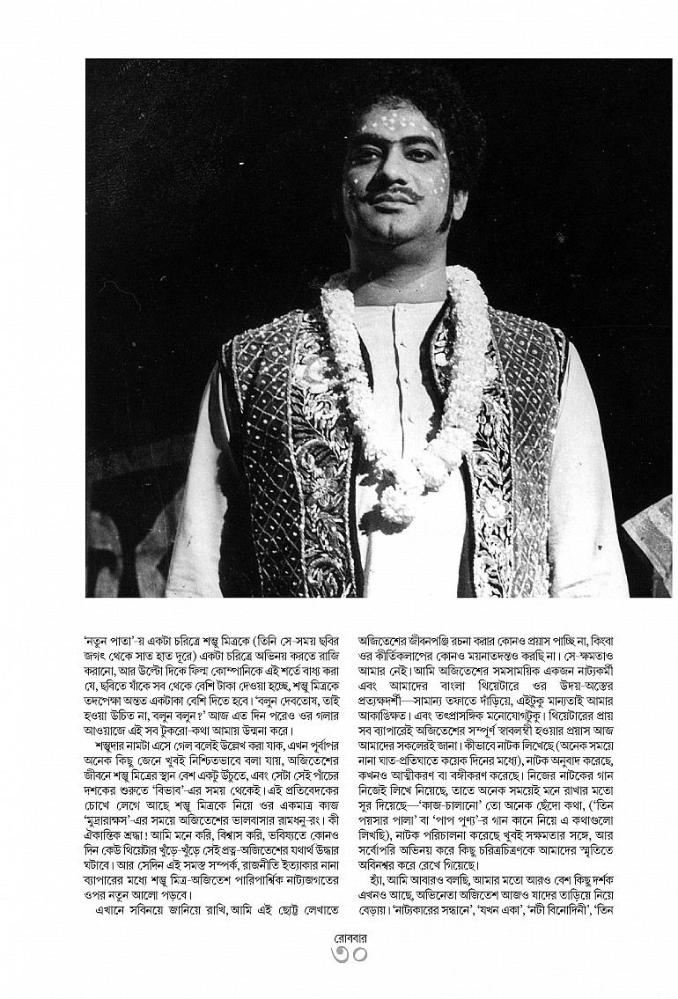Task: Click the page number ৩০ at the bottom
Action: click(x=338, y=952)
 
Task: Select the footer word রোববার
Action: click(x=338, y=936)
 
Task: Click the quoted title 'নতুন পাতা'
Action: click(x=107, y=632)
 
